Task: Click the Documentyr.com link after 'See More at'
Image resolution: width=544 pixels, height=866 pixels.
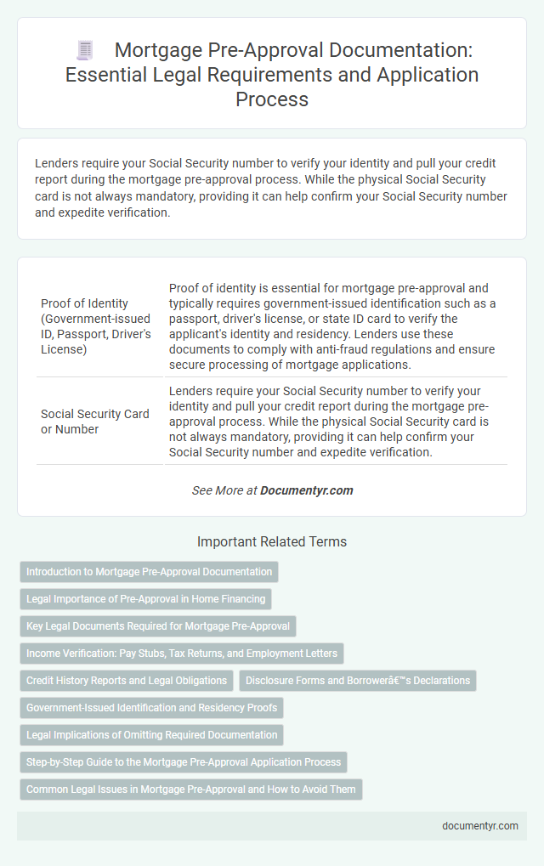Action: coord(306,490)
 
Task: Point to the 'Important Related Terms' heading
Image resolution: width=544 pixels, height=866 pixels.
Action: coord(272,541)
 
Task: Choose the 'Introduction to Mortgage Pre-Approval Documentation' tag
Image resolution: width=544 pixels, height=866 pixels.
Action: coord(150,572)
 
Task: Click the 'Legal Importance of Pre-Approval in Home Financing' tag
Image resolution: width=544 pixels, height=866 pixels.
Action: coord(146,599)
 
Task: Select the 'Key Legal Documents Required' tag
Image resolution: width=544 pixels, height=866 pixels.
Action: coord(158,626)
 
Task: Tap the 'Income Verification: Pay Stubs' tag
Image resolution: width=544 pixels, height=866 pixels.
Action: coord(182,654)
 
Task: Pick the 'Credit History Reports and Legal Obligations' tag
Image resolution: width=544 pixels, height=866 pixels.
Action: coord(127,681)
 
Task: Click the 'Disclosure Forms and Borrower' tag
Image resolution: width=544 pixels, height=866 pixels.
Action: coord(357,681)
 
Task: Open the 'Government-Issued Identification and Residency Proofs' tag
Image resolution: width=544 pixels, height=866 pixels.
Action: coord(151,708)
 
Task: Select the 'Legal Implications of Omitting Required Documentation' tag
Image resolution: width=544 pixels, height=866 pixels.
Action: coord(151,735)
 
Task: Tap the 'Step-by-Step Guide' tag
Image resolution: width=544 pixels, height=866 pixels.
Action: coord(184,762)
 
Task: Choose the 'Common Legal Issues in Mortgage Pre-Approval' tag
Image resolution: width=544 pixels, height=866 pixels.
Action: coord(191,790)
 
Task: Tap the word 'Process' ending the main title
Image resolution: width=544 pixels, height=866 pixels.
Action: coord(271,100)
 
